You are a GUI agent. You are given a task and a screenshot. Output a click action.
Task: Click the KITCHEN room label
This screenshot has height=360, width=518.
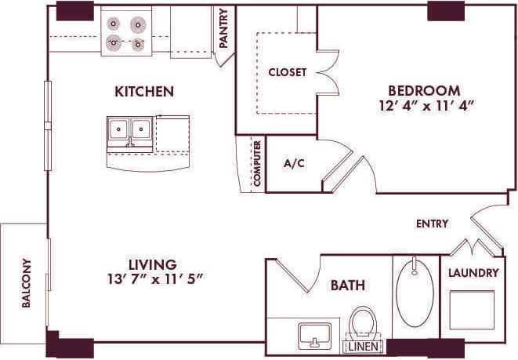click(x=143, y=92)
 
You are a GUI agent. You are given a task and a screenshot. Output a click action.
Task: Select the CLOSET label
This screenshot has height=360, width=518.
click(x=287, y=72)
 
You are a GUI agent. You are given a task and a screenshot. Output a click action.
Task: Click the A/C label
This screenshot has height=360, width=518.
click(x=294, y=164)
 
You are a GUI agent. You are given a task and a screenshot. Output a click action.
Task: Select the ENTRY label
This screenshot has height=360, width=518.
click(x=432, y=224)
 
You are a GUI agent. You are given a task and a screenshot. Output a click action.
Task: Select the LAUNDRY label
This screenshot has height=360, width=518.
click(x=473, y=273)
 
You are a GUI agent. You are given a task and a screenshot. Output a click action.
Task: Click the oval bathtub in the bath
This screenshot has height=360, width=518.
click(x=415, y=293)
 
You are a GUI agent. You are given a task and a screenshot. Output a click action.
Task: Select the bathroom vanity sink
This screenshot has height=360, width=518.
click(x=314, y=335)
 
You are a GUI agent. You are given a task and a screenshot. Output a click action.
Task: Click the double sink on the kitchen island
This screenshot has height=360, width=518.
click(x=131, y=129)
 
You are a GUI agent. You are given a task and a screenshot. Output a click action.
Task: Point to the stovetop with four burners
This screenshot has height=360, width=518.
click(x=126, y=34)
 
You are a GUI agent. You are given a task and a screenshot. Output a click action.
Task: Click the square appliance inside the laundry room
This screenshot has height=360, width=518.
click(x=472, y=309)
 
